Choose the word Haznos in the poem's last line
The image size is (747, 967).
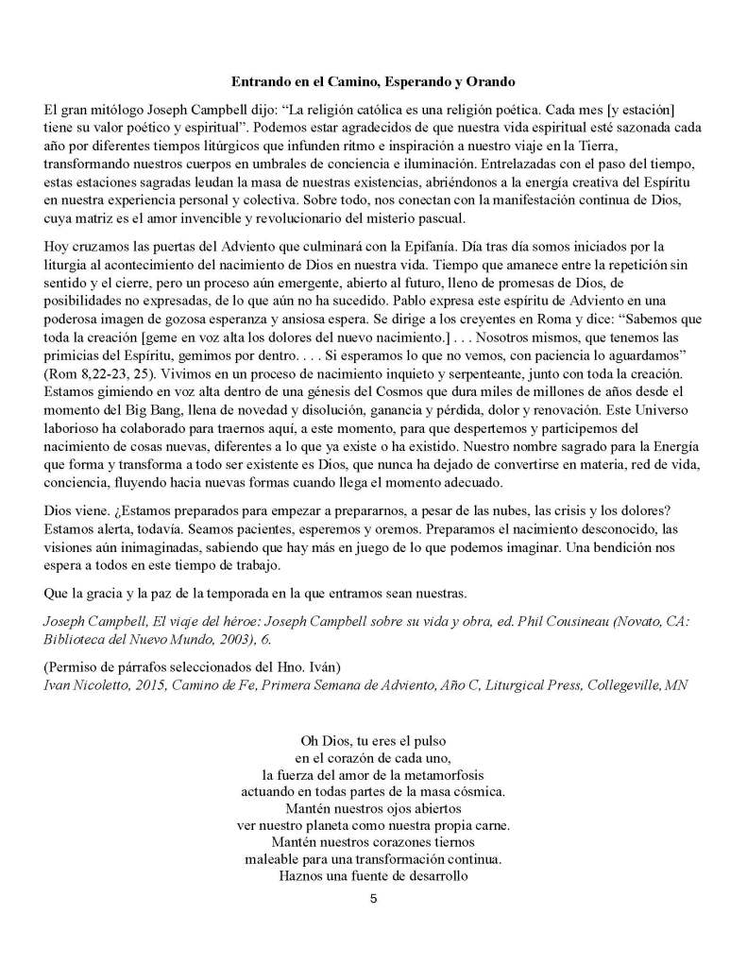click(297, 873)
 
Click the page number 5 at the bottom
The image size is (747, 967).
click(374, 898)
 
